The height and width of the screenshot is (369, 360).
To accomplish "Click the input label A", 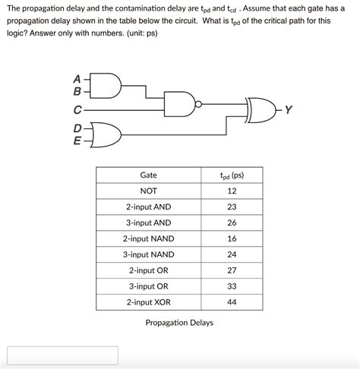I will click(77, 77).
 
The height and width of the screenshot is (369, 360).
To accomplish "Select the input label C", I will click(77, 110).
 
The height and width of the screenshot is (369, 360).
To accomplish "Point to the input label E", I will click(77, 140).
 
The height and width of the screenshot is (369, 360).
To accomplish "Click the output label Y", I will click(289, 110).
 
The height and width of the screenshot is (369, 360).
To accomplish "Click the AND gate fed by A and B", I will click(108, 85).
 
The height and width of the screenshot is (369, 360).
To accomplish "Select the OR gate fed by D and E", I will click(108, 134).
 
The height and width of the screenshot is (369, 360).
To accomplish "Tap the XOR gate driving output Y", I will click(262, 109).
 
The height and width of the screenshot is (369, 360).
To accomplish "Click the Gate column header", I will click(149, 175).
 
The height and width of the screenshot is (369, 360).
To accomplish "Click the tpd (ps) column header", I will click(232, 175).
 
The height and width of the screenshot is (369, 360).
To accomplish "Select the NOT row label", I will click(149, 191).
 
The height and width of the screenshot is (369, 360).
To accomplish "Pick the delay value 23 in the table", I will click(232, 207).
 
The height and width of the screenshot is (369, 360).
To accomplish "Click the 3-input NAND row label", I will click(149, 254).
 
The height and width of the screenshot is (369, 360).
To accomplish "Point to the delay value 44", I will click(232, 302).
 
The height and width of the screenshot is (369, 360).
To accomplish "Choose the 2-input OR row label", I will click(149, 270).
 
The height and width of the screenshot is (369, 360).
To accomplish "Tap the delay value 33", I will click(232, 286).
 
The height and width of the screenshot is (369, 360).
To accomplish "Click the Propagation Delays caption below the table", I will click(179, 323).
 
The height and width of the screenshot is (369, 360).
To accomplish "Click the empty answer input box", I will click(62, 355).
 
